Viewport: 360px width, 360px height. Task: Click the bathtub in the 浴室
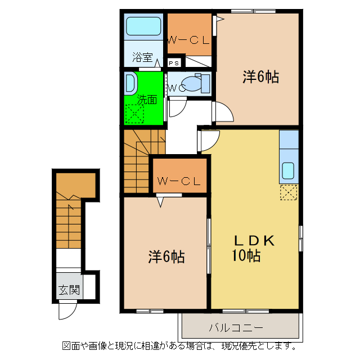point(143,26)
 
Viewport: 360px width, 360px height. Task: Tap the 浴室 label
point(142,57)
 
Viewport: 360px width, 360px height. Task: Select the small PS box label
point(174,63)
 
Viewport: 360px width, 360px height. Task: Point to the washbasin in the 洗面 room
point(130,83)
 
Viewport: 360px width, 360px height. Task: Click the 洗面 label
point(147,100)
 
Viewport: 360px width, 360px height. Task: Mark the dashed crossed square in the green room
point(134,114)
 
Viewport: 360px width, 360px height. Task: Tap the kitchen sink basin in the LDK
point(288,170)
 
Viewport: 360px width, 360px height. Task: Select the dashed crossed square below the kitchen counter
point(289,192)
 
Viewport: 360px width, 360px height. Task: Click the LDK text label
point(254,241)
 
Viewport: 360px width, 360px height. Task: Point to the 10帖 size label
point(246,255)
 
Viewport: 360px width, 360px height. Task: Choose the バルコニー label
point(236,327)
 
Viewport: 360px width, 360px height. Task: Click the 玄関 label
point(69,290)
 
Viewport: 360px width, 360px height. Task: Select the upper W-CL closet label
point(188,40)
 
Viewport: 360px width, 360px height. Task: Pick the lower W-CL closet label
point(179,181)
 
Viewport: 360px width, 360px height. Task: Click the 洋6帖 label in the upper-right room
point(261,77)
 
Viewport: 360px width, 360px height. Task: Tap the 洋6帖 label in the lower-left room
point(166,256)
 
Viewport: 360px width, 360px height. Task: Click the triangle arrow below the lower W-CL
point(160,202)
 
